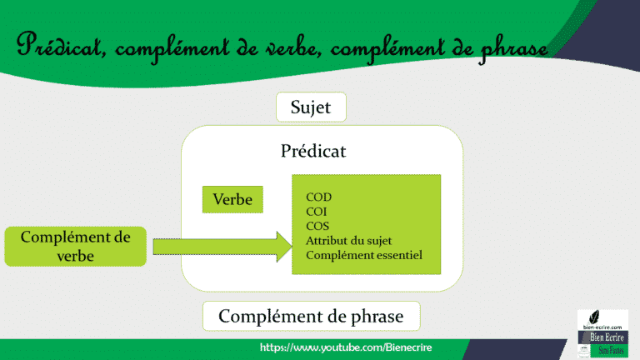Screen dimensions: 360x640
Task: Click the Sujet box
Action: pos(311,107)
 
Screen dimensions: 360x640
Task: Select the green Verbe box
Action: pos(232,200)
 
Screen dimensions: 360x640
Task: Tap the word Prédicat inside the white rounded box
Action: pos(313,152)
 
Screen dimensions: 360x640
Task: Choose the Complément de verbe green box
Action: pos(75,247)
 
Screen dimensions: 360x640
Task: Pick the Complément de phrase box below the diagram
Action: pos(311,317)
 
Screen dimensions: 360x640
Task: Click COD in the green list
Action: pos(319,197)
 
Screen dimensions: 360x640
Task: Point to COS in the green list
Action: pos(318,226)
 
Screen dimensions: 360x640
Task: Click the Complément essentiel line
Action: pos(364,254)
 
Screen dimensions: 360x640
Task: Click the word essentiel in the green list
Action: pos(399,254)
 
